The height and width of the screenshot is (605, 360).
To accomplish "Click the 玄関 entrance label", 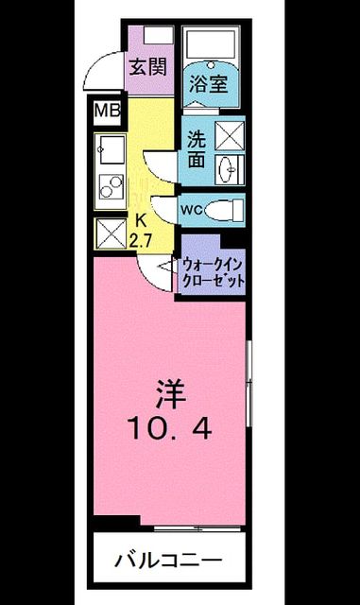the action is pyautogui.click(x=148, y=68).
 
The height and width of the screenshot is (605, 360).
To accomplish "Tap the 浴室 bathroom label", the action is pyautogui.click(x=209, y=83).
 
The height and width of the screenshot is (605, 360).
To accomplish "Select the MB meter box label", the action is pyautogui.click(x=108, y=112).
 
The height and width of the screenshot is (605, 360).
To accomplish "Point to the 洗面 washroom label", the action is pyautogui.click(x=197, y=149).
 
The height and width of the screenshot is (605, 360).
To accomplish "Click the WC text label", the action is pyautogui.click(x=192, y=210).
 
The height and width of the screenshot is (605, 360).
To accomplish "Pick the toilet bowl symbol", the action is pyautogui.click(x=224, y=211).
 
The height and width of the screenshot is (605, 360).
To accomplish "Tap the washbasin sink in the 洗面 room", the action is pyautogui.click(x=230, y=168).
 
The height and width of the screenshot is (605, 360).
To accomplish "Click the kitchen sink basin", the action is pyautogui.click(x=111, y=149).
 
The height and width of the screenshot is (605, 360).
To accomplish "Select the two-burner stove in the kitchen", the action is pyautogui.click(x=111, y=186).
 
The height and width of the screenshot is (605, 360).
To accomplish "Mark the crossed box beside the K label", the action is pyautogui.click(x=111, y=233).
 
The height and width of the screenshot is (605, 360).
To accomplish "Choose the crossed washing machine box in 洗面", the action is pyautogui.click(x=230, y=135).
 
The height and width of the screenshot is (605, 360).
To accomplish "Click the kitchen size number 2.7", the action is pyautogui.click(x=141, y=242).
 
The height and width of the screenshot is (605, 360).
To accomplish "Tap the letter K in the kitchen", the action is pyautogui.click(x=142, y=222).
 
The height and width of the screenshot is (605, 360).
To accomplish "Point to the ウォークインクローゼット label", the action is pyautogui.click(x=214, y=273).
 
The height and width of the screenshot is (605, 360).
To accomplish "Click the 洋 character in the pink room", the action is pyautogui.click(x=170, y=395).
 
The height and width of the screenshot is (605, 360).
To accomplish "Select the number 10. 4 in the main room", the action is pyautogui.click(x=170, y=428).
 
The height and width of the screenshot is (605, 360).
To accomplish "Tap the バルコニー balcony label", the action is pyautogui.click(x=168, y=560).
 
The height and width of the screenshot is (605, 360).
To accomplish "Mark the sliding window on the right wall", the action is pyautogui.click(x=249, y=383).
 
